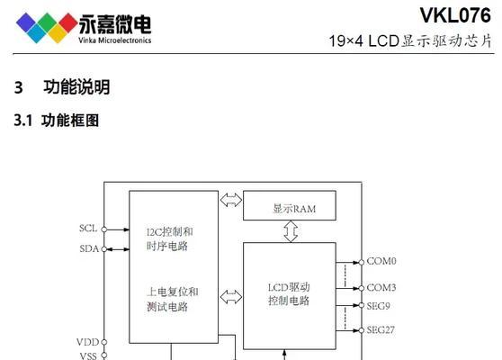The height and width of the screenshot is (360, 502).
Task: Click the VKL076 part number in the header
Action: tap(455, 15)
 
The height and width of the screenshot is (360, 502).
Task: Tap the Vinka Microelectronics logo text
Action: tap(114, 40)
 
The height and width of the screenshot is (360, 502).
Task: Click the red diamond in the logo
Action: tap(67, 22)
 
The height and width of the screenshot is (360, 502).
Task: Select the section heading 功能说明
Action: tap(76, 87)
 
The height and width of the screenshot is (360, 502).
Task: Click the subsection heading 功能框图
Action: tap(70, 121)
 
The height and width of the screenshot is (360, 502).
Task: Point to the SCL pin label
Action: tap(88, 229)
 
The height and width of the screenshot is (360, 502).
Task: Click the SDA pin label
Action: tap(89, 248)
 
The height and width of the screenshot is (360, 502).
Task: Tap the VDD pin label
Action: tap(88, 342)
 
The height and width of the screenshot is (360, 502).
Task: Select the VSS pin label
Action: tap(88, 355)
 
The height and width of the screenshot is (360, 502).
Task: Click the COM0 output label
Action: tap(381, 261)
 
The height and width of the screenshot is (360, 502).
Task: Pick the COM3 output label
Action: tap(381, 288)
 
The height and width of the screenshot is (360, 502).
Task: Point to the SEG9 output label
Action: tap(378, 306)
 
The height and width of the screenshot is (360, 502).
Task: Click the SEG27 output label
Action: tap(381, 329)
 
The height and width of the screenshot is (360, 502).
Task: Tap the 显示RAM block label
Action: tap(294, 209)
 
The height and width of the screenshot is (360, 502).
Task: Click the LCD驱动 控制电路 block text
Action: tap(289, 294)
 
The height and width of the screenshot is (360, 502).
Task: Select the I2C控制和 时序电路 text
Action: tap(170, 238)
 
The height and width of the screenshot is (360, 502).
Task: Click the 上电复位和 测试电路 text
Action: tap(172, 299)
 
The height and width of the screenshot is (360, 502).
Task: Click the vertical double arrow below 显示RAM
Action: tap(291, 231)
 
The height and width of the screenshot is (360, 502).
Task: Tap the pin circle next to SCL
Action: tap(104, 229)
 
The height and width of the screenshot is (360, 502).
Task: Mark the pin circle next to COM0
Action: tap(362, 262)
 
